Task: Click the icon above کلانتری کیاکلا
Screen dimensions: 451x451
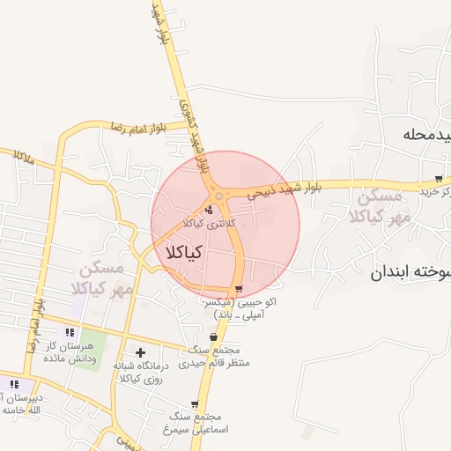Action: pos(209,210)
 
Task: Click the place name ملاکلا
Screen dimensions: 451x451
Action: pos(24,159)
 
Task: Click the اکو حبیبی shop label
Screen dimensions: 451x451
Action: pos(240,307)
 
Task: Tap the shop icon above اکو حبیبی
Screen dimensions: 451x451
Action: pos(240,289)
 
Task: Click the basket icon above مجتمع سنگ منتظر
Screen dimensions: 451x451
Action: pos(214,337)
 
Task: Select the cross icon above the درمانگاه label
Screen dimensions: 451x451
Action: pos(140,352)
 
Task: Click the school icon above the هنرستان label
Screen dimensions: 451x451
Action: pos(70,332)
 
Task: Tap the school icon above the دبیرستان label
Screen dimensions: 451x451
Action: pos(15,384)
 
